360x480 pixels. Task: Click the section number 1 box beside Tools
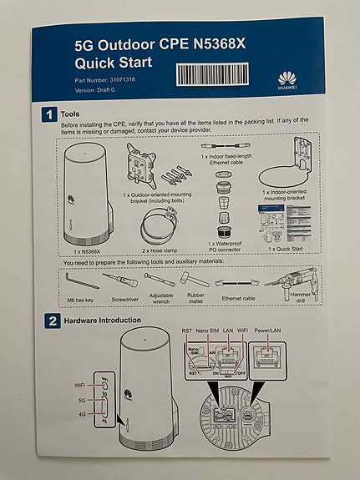pyautogui.click(x=50, y=114)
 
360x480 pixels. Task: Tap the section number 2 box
pyautogui.click(x=50, y=321)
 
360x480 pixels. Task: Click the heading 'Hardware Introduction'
pyautogui.click(x=104, y=321)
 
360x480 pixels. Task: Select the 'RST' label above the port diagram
pyautogui.click(x=186, y=331)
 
